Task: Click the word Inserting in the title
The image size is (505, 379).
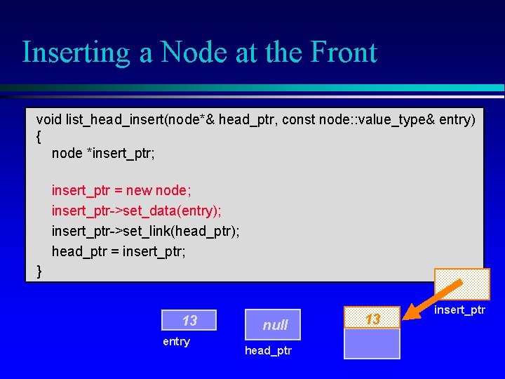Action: (x=75, y=53)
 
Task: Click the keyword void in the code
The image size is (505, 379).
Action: (x=49, y=120)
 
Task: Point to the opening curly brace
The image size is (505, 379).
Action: (x=39, y=136)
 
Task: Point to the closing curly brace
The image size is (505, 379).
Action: (x=39, y=271)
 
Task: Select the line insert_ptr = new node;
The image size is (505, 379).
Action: (x=121, y=190)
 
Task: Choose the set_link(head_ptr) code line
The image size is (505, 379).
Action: (x=145, y=231)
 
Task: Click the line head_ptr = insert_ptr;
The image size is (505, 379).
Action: (x=119, y=251)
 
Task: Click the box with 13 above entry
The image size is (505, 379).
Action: (x=189, y=321)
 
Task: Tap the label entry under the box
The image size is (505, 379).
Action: (x=176, y=342)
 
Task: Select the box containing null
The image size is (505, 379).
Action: (x=274, y=324)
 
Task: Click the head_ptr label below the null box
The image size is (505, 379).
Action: (x=268, y=350)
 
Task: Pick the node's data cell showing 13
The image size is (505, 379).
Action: (x=372, y=319)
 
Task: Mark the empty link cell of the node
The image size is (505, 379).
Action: (x=372, y=345)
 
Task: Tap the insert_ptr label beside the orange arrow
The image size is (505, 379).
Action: (x=459, y=310)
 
